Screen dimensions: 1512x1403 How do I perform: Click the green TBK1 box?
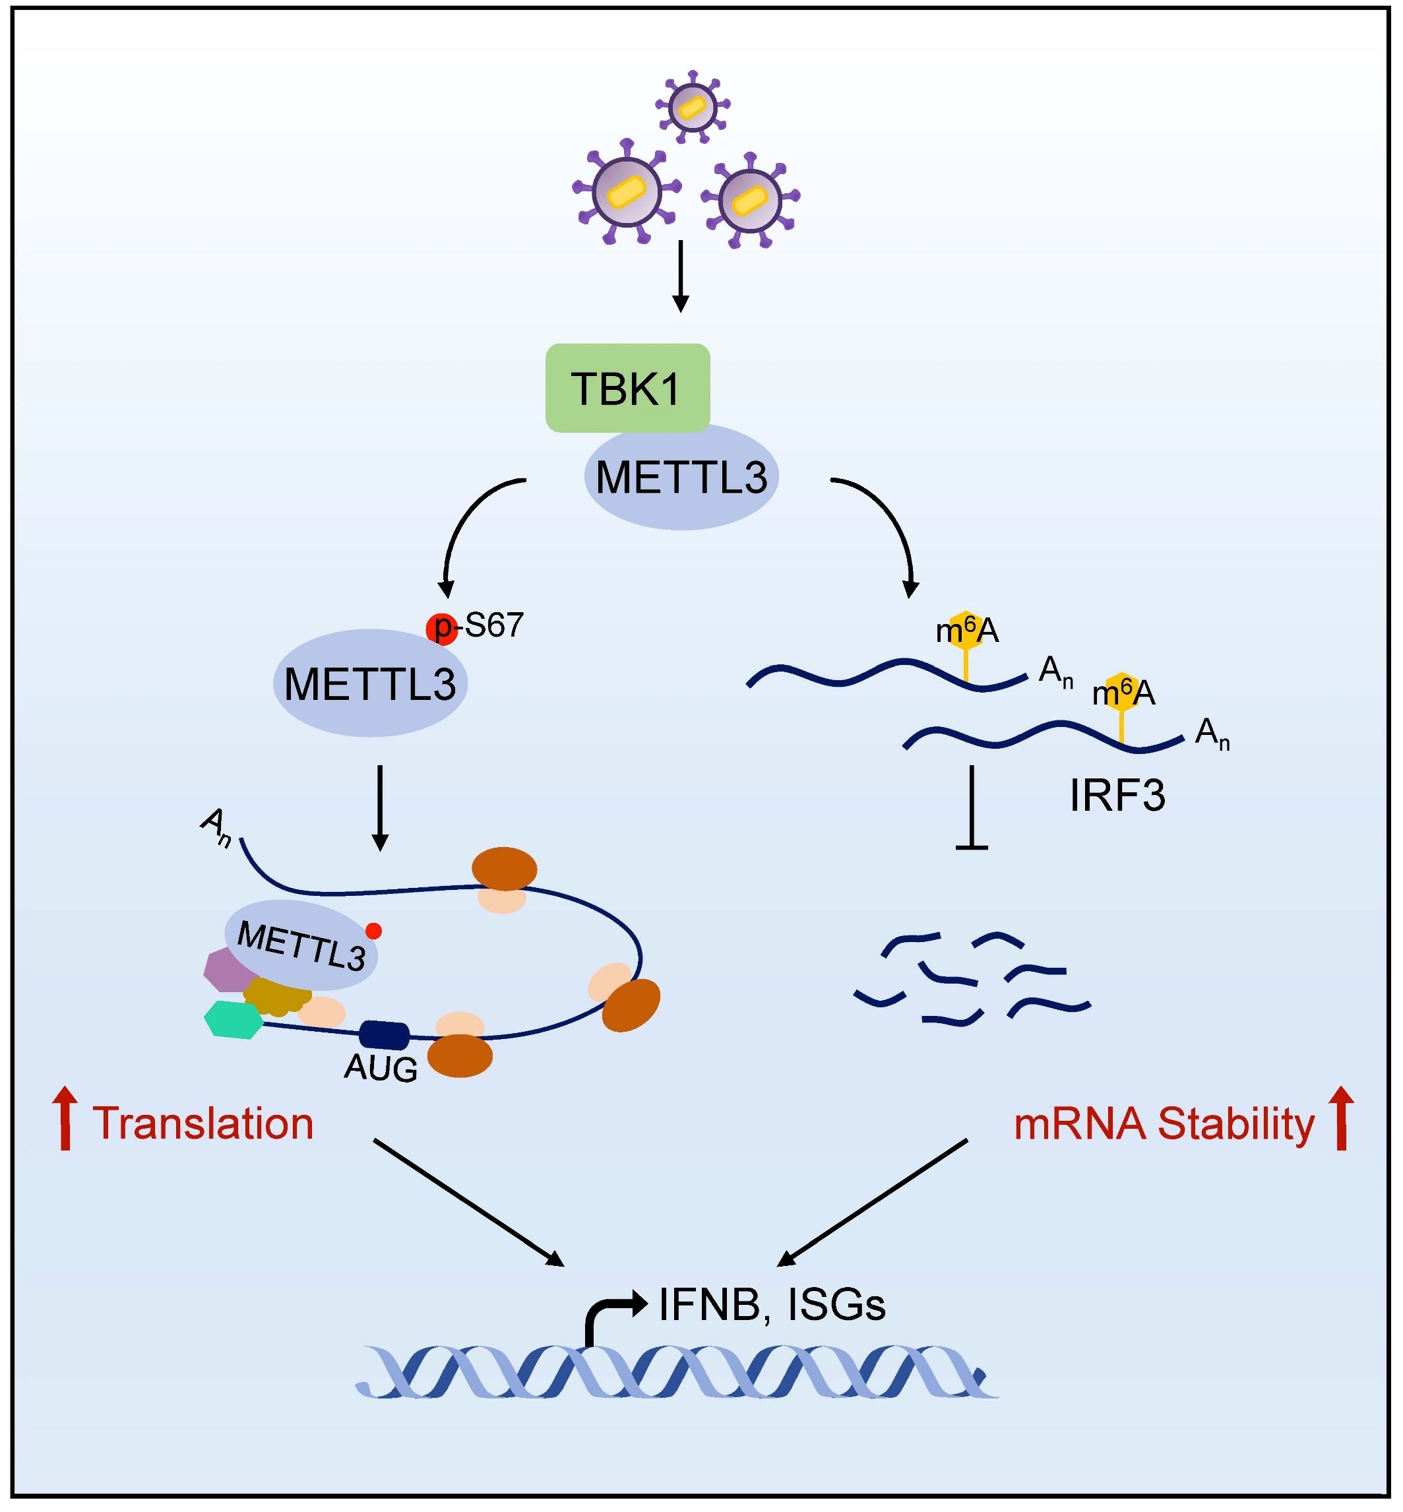pos(627,387)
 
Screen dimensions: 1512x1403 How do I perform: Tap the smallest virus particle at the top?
pos(692,107)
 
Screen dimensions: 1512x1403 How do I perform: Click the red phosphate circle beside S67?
pos(441,628)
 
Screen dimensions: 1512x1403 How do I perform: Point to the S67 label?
pos(494,625)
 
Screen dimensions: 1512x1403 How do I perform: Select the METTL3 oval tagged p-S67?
pos(370,683)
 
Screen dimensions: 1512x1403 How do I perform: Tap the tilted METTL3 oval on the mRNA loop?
pos(301,945)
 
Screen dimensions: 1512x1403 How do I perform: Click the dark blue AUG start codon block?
pos(384,1034)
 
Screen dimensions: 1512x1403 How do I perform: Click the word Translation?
pos(203,1123)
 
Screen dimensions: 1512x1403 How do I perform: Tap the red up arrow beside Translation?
pos(65,1118)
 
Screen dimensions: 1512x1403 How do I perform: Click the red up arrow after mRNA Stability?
pos(1342,1118)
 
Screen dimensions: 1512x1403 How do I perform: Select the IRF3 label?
pos(1117,796)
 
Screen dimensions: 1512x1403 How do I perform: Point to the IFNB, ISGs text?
pos(771,1305)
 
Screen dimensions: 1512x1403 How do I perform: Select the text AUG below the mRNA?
pos(381,1069)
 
